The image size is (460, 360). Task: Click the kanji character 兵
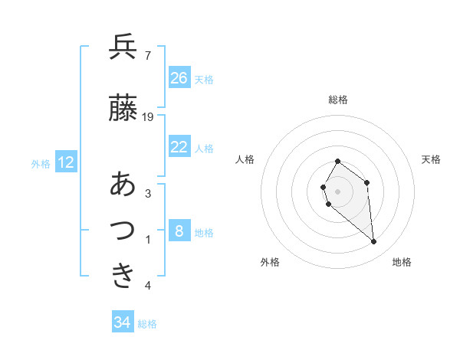123,47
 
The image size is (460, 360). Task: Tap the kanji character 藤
123,108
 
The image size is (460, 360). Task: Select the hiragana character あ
123,184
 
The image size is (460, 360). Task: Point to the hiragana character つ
123,230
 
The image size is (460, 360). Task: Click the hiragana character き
123,275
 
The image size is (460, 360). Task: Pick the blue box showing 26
179,78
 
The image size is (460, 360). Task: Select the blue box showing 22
179,147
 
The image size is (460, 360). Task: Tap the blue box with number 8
179,231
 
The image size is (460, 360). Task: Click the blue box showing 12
66,162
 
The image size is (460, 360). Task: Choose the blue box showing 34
123,322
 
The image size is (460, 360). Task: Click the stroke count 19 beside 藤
149,117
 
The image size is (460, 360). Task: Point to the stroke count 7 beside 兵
147,55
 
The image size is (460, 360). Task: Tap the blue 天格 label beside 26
204,79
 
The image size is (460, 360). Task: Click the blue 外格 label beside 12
41,163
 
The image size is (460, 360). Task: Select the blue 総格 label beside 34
148,323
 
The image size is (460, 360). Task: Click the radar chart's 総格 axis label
338,100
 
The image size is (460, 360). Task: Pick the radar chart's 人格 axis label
245,159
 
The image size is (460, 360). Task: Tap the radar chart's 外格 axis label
270,262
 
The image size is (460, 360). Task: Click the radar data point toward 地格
374,242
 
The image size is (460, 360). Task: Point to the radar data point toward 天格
367,182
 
